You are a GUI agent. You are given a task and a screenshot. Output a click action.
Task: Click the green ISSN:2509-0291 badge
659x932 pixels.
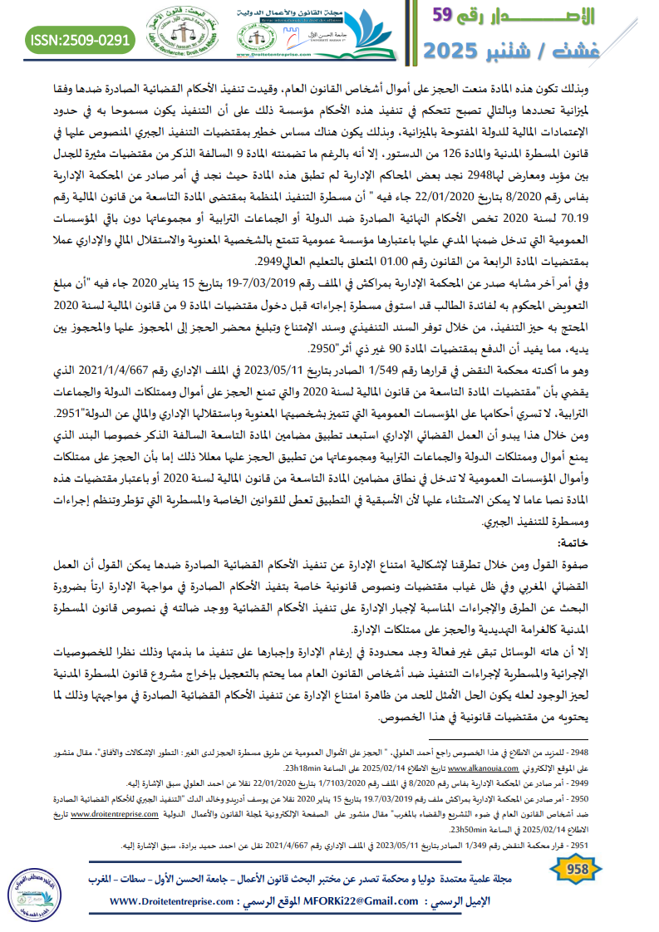tap(81, 38)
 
